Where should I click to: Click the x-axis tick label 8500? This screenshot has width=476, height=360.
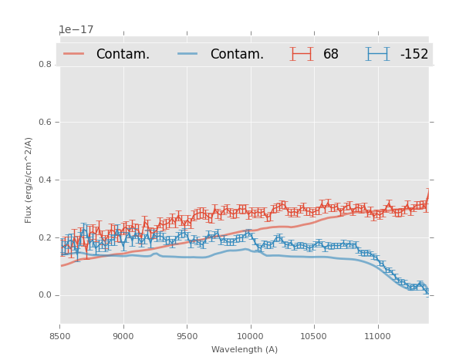point(60,337)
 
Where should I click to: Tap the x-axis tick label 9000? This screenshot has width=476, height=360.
point(123,337)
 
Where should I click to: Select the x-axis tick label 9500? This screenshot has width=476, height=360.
point(187,337)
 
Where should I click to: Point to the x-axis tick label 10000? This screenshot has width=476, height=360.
point(250,337)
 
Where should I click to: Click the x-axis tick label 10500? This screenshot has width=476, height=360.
point(313,337)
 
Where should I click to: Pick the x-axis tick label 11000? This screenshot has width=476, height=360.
point(376,337)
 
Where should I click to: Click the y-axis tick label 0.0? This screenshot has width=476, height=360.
point(46,295)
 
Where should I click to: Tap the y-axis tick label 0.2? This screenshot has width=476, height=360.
point(46,237)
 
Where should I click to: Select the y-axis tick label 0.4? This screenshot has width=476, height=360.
point(46,180)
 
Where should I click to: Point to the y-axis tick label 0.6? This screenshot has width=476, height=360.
point(46,122)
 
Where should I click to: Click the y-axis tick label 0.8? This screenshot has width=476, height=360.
point(46,64)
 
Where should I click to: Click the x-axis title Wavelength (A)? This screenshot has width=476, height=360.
point(244,350)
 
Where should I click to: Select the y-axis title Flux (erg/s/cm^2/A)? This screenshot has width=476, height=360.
point(29,180)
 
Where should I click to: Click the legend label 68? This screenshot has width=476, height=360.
point(331,54)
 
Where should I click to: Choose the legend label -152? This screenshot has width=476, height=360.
point(414,54)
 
